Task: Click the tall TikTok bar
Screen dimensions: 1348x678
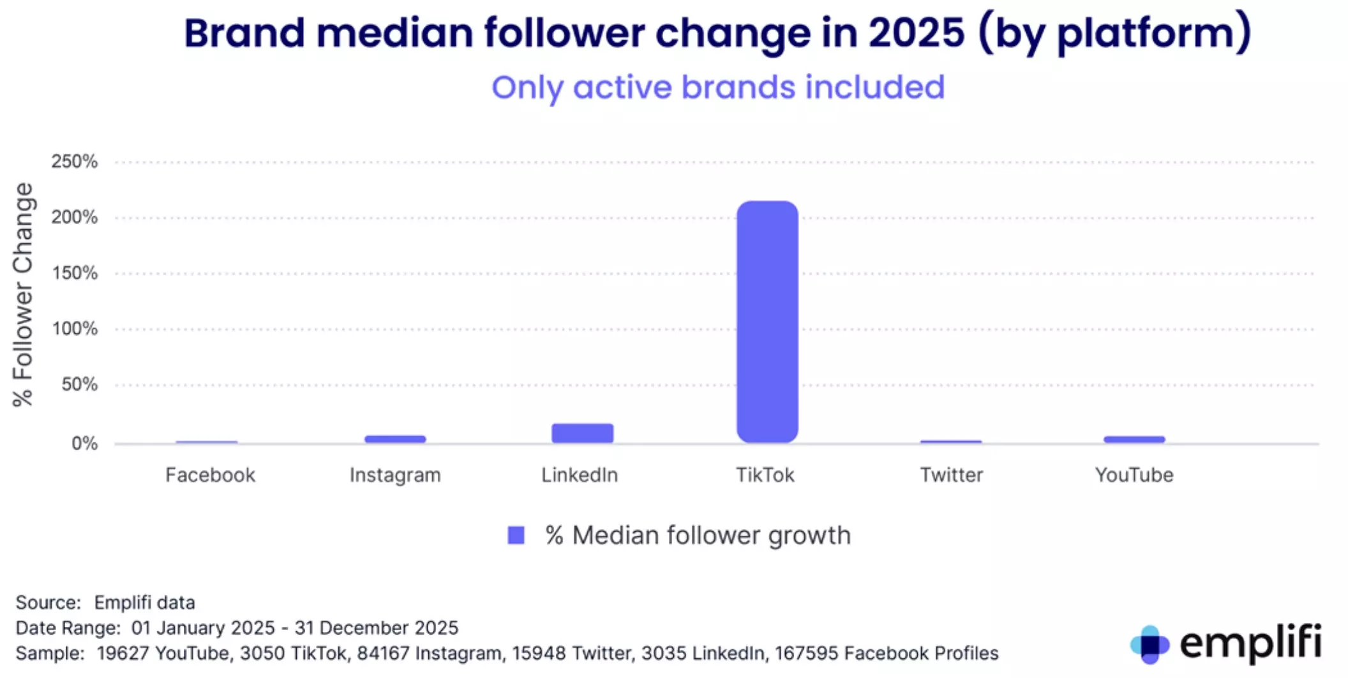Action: coord(767,322)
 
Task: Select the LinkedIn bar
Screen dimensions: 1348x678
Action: coord(583,433)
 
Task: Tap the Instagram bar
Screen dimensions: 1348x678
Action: coord(395,439)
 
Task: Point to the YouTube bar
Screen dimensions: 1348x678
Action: coord(1134,439)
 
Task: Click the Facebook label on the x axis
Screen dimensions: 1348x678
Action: coord(210,475)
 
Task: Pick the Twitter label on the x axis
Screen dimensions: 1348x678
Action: coord(951,475)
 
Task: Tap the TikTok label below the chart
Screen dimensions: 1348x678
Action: coord(765,475)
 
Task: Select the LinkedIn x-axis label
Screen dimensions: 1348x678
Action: coord(580,475)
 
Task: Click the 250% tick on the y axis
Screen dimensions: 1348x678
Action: coord(75,162)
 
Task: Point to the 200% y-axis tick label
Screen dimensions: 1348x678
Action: coord(75,217)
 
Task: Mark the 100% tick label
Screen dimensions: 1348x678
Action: coord(75,329)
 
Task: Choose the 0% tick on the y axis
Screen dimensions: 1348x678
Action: coord(84,443)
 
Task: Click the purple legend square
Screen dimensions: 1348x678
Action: coord(516,535)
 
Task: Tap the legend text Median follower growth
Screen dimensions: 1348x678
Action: coord(711,536)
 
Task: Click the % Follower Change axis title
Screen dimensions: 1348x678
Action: coord(23,294)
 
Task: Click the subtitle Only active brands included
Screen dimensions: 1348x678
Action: coord(718,87)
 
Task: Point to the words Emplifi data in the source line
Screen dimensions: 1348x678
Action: coord(144,603)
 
